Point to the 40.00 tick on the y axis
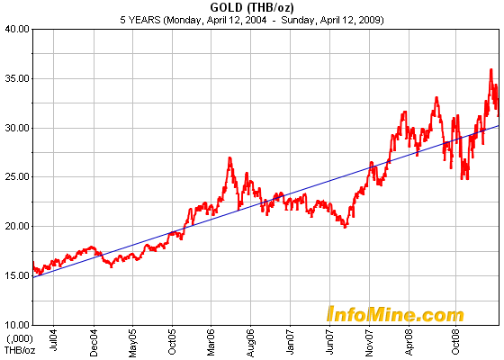[x=15, y=29]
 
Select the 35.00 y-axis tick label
[x=15, y=78]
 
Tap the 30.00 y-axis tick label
[x=15, y=127]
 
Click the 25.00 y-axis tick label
[x=15, y=176]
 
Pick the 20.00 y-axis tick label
[x=15, y=226]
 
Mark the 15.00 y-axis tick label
[x=15, y=274]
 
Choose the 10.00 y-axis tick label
[x=15, y=324]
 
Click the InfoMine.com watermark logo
[x=395, y=314]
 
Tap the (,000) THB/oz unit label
[x=18, y=344]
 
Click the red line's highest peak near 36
[x=490, y=69]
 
